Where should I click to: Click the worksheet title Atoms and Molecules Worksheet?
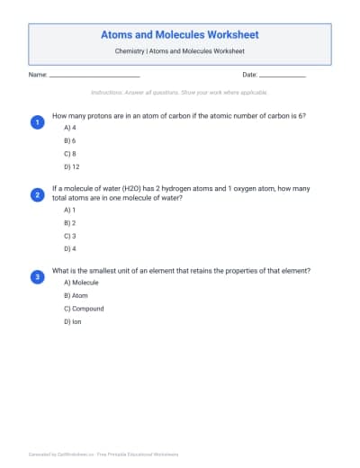tap(180, 34)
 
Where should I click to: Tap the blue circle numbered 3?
tap(37, 277)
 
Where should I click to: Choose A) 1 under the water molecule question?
tap(69, 210)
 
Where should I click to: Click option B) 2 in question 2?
tap(69, 222)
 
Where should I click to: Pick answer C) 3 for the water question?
tap(69, 235)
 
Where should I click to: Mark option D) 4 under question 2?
tap(69, 247)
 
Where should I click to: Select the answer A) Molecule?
tap(81, 283)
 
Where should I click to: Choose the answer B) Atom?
tap(76, 295)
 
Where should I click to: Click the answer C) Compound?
tap(84, 309)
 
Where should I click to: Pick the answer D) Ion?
tap(73, 321)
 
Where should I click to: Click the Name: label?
tap(38, 75)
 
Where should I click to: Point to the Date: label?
tap(250, 75)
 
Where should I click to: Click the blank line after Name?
tap(94, 76)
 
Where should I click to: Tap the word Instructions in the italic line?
tap(106, 93)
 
